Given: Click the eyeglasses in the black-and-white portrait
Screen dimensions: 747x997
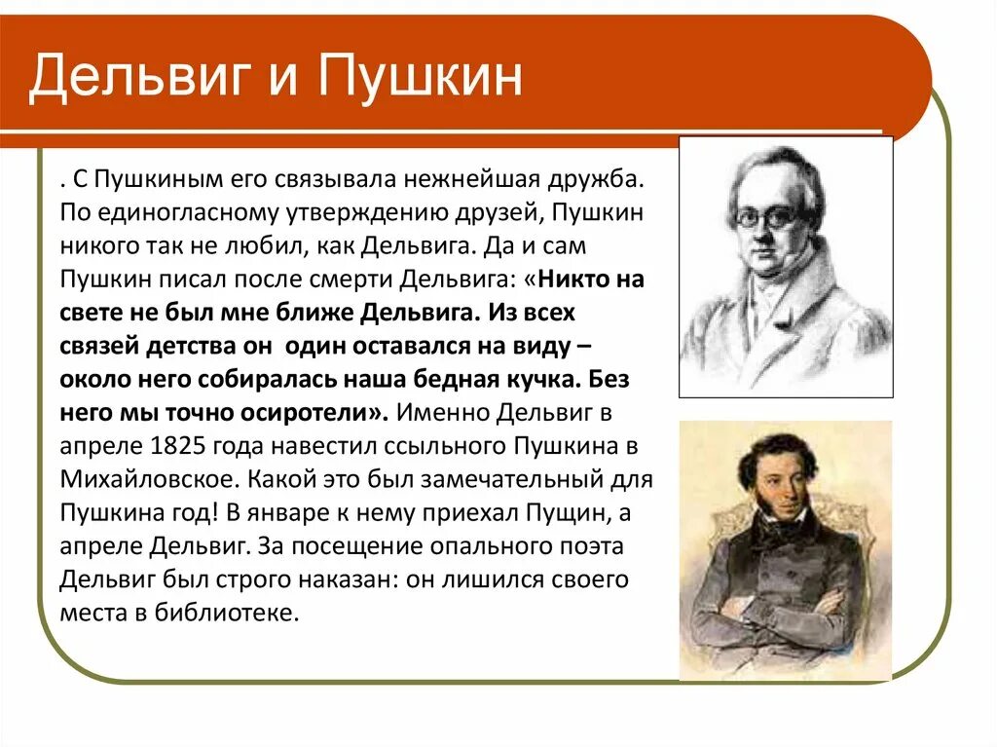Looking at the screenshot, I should coord(765,217).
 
